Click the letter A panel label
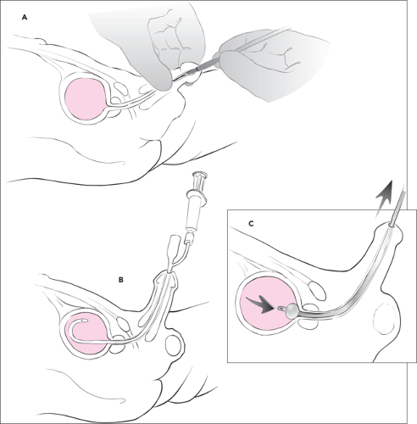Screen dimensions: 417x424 tap(25, 18)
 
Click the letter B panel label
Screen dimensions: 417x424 tap(120, 280)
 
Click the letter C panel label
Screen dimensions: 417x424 tap(251, 224)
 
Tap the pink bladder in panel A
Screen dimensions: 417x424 tap(86, 99)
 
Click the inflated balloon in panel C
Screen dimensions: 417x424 tap(292, 310)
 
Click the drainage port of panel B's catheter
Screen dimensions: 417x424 tap(174, 245)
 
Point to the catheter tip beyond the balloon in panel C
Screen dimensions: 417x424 tap(281, 309)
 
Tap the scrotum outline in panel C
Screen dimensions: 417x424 tap(384, 319)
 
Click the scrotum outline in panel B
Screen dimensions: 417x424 tap(174, 345)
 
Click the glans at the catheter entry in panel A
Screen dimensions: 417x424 tap(191, 73)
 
